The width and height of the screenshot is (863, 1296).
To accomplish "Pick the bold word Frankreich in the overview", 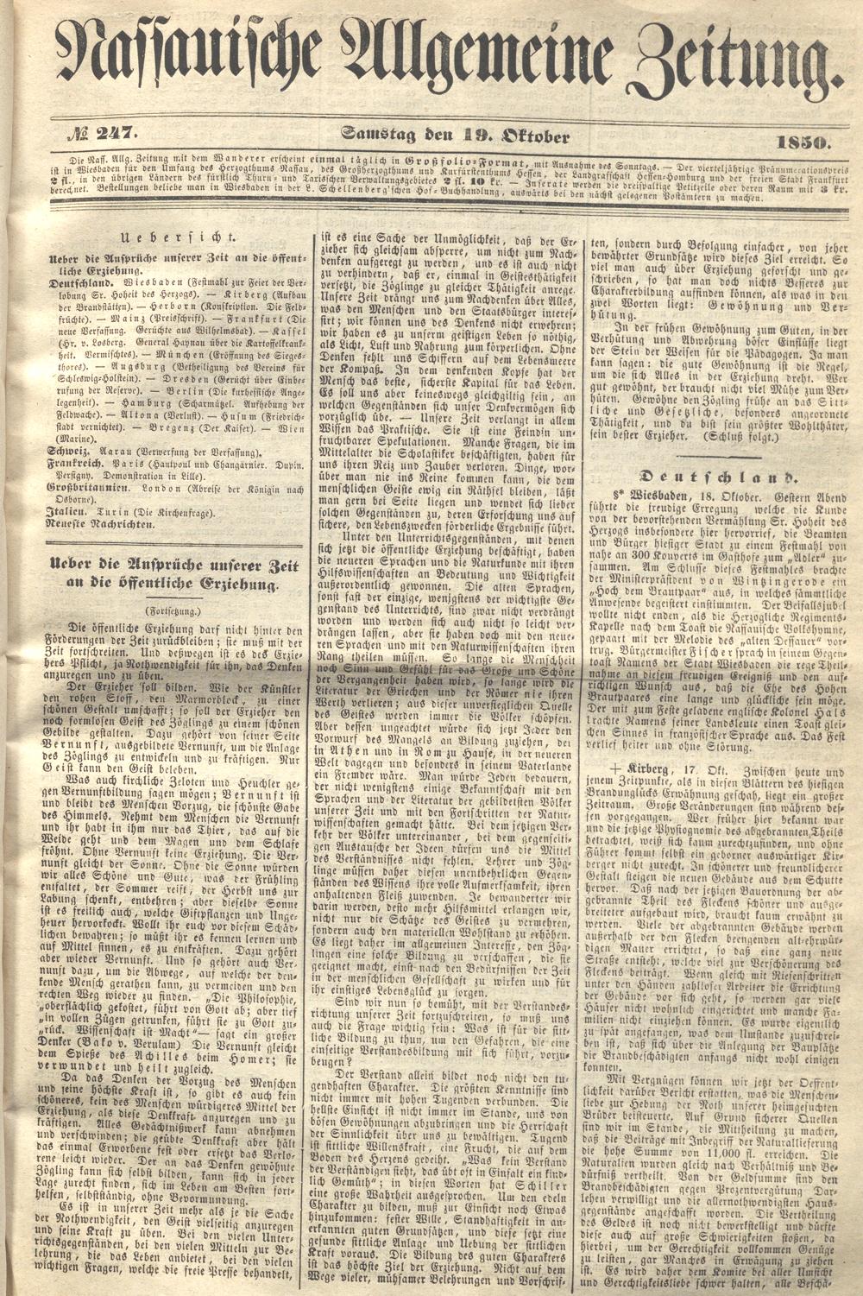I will point(83,464).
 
